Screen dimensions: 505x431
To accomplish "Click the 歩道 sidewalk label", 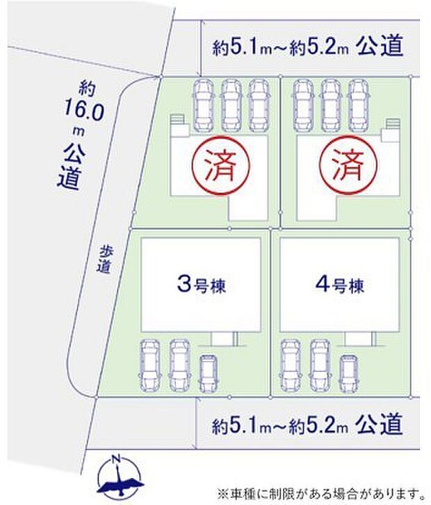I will click(x=104, y=260).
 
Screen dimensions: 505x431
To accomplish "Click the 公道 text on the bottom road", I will click(x=379, y=422).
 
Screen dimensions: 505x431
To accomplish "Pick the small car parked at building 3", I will click(x=208, y=373).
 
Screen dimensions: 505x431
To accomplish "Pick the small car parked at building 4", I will click(x=348, y=373).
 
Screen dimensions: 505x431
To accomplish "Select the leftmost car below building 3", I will click(x=149, y=366).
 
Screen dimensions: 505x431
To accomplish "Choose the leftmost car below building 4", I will click(x=290, y=366).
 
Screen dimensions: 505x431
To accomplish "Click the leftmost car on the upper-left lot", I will click(x=204, y=106).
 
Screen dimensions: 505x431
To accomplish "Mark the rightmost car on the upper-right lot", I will click(x=358, y=106).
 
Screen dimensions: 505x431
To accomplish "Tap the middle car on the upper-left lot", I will click(x=231, y=106).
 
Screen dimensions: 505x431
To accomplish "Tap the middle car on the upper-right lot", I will click(x=331, y=106).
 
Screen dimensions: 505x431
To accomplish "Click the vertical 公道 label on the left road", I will click(x=70, y=167).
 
